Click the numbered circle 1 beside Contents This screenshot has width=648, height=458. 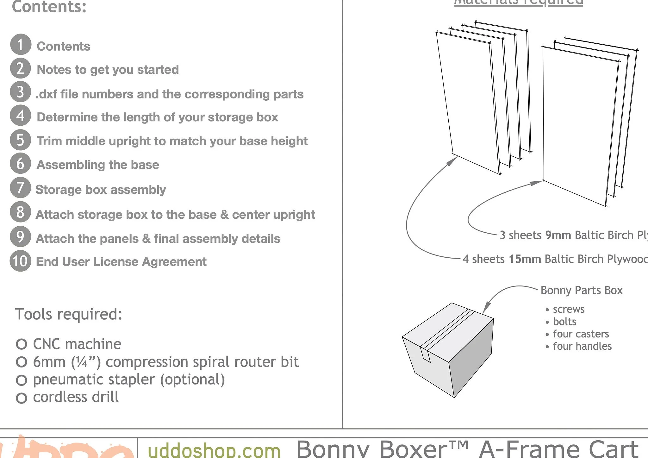click(21, 45)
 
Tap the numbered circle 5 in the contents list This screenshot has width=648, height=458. click(21, 140)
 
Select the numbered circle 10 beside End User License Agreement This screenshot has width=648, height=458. click(21, 261)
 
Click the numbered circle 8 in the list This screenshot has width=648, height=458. click(21, 212)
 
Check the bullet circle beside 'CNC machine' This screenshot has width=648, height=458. click(21, 344)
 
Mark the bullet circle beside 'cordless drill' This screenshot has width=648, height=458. click(21, 398)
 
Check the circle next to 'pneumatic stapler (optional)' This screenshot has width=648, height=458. click(21, 380)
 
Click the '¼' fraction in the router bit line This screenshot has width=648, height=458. click(81, 362)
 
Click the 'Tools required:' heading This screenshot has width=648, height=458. click(68, 314)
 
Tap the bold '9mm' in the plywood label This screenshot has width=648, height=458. click(558, 235)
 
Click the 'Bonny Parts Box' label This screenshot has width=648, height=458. click(582, 290)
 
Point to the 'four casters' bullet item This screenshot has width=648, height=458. click(581, 334)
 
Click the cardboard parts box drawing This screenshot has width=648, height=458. click(448, 350)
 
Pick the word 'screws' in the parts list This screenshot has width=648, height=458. click(569, 309)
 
